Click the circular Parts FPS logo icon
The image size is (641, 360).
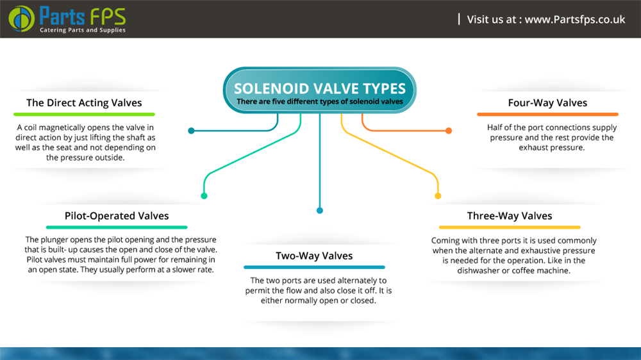click(x=22, y=19)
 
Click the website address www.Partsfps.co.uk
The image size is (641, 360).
click(x=575, y=19)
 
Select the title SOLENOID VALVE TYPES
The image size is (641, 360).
click(x=320, y=88)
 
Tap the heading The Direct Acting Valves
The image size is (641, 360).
click(x=84, y=102)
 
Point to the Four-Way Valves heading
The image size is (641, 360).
click(x=547, y=102)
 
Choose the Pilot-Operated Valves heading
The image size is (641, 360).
click(x=117, y=216)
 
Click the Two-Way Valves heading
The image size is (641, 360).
click(x=314, y=256)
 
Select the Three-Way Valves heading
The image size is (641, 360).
click(x=510, y=216)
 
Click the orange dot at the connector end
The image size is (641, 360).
click(x=449, y=131)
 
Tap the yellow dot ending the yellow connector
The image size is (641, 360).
click(x=438, y=196)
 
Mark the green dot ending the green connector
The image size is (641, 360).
click(x=204, y=196)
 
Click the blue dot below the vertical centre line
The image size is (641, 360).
click(x=320, y=211)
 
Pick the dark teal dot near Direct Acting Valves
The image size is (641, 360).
click(x=191, y=131)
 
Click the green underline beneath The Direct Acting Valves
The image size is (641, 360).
click(x=84, y=115)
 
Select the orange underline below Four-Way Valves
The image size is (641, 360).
click(x=547, y=115)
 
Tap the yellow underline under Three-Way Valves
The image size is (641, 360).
click(x=510, y=227)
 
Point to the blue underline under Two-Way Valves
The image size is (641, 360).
click(x=314, y=267)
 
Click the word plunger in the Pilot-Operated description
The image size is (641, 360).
click(x=54, y=240)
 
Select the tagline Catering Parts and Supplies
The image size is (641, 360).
click(x=83, y=30)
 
